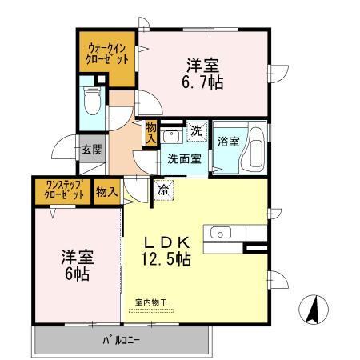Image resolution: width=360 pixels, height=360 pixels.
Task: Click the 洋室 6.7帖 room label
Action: [x=205, y=74]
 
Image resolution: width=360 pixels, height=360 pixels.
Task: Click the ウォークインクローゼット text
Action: [x=106, y=58]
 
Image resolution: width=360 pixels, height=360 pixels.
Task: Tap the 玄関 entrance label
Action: [x=91, y=149]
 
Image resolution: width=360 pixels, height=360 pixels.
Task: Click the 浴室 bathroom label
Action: [x=228, y=142]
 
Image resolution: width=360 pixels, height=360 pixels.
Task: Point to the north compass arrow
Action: [x=314, y=308]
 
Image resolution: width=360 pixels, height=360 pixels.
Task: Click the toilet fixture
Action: [x=90, y=100]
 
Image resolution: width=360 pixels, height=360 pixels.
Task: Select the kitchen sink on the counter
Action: [x=220, y=233]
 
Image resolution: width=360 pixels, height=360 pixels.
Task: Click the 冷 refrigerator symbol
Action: [x=163, y=190]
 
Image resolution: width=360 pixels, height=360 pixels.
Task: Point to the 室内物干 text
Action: [x=150, y=302]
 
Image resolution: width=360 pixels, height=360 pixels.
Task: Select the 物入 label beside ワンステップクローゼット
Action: [x=106, y=192]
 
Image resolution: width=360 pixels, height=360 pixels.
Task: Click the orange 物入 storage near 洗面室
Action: [x=150, y=132]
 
